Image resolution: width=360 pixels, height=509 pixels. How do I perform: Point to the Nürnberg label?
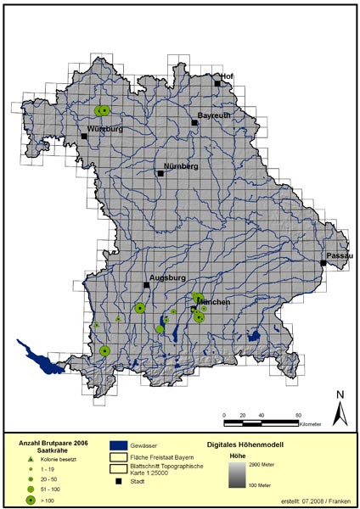180,165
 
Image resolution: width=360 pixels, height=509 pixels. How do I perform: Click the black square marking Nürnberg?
160,173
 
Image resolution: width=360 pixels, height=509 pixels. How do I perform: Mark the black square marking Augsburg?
146,286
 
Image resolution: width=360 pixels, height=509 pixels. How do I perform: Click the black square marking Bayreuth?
194,123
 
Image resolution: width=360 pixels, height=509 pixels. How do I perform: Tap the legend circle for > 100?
31,501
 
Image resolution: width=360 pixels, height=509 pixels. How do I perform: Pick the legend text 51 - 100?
53,489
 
